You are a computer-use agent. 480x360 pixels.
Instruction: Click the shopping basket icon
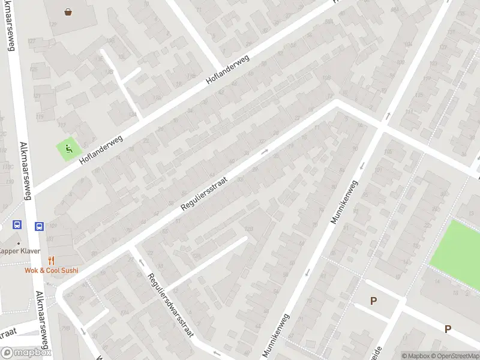pyautogui.click(x=68, y=11)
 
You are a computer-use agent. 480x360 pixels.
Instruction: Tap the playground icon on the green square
pyautogui.click(x=69, y=149)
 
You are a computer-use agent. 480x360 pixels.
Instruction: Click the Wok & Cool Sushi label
pyautogui.click(x=52, y=271)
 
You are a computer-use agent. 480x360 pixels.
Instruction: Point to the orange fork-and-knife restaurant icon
pyautogui.click(x=51, y=260)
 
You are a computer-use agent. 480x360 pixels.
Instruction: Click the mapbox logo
pyautogui.click(x=26, y=353)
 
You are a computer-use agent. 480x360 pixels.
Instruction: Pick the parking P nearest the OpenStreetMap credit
pyautogui.click(x=448, y=329)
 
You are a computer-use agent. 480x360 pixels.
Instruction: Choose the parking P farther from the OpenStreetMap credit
pyautogui.click(x=373, y=301)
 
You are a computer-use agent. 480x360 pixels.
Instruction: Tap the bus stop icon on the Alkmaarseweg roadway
pyautogui.click(x=39, y=226)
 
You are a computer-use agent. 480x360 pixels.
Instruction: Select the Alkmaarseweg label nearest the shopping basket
pyautogui.click(x=10, y=36)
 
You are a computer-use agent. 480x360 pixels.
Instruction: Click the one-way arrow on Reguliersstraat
pyautogui.click(x=265, y=152)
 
